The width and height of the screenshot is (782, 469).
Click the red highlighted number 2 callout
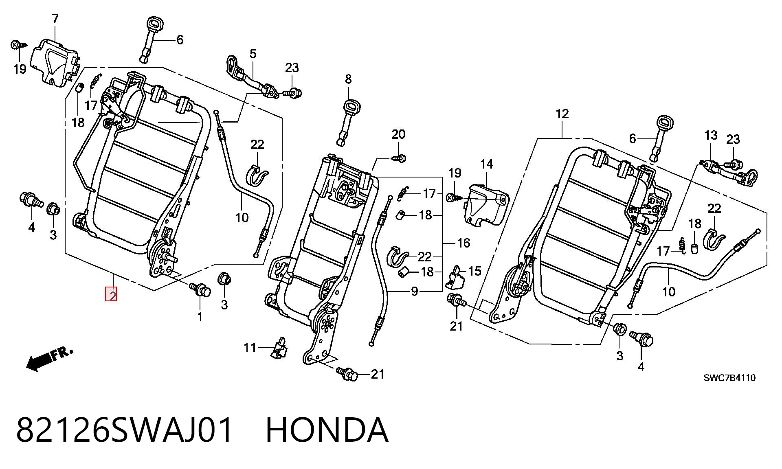111,294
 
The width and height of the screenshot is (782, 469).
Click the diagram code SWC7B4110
729,378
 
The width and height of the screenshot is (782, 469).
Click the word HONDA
327,430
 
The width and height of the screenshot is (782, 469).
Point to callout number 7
55,19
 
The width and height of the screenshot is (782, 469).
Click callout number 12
562,114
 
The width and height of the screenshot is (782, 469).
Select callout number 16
463,243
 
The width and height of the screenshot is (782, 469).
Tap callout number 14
487,164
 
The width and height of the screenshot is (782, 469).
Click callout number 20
398,134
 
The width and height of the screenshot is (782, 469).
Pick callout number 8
348,79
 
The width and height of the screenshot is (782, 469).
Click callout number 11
250,347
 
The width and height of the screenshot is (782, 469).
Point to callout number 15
475,271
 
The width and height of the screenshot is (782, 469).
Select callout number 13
711,135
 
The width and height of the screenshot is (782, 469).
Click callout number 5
253,53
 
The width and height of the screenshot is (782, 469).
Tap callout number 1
200,316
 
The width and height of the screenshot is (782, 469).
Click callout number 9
414,291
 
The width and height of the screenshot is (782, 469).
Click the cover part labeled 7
56,63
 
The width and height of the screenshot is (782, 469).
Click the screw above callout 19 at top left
17,44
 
